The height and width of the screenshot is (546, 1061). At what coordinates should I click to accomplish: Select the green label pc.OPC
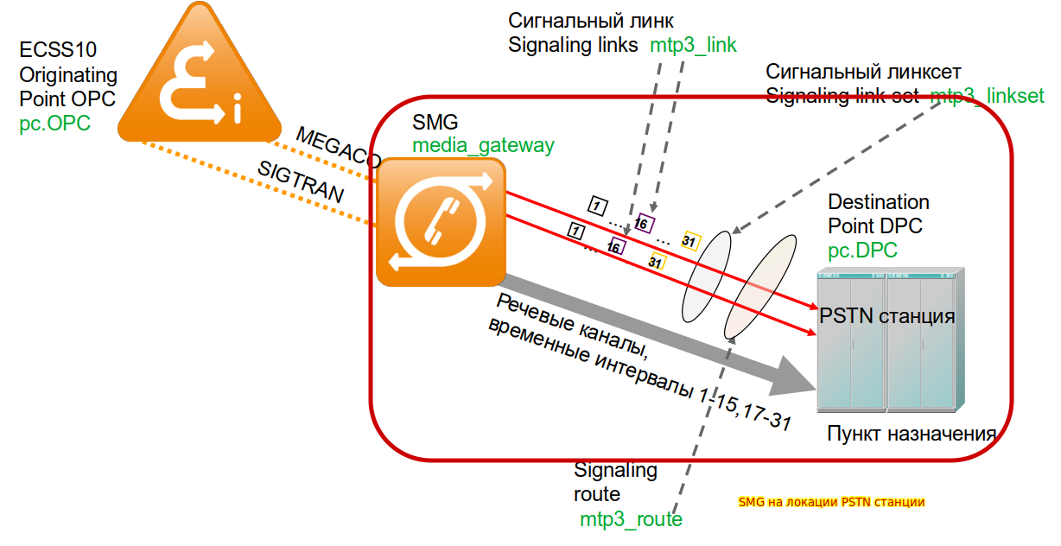pyautogui.click(x=54, y=124)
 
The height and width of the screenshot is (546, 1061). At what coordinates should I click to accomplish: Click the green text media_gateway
pyautogui.click(x=483, y=145)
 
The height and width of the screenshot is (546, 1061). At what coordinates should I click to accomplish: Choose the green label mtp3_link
pyautogui.click(x=694, y=46)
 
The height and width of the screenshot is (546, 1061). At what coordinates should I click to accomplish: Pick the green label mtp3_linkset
pyautogui.click(x=988, y=96)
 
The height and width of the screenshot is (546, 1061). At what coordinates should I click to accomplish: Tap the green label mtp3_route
pyautogui.click(x=631, y=519)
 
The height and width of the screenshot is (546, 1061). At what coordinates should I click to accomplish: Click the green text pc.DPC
pyautogui.click(x=862, y=251)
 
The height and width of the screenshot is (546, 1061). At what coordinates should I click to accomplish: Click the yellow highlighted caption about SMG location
pyautogui.click(x=831, y=502)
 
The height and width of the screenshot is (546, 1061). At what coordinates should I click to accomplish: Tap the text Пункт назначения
pyautogui.click(x=912, y=434)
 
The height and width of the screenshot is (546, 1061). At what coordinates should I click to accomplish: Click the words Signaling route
pyautogui.click(x=615, y=482)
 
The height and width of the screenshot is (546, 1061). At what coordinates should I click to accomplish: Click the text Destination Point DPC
pyautogui.click(x=879, y=213)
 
